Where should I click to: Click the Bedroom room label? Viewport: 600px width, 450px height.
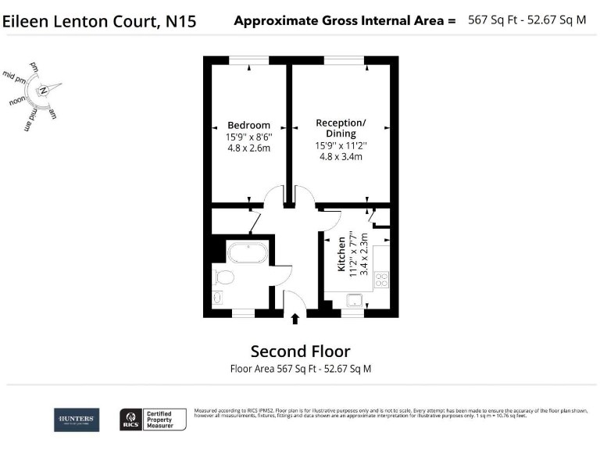[248, 125]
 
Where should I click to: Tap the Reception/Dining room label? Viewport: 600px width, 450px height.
[341, 128]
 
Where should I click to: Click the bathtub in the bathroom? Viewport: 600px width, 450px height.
[248, 253]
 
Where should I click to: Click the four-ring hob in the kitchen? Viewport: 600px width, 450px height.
[382, 277]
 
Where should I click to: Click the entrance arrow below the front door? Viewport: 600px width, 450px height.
[295, 318]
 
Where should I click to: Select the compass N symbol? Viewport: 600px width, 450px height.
[45, 91]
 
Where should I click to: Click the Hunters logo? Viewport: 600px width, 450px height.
[76, 420]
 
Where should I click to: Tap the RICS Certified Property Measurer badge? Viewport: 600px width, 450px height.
[152, 420]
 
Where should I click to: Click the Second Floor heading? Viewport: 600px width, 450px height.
[300, 352]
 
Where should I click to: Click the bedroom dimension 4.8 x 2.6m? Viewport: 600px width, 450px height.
[248, 148]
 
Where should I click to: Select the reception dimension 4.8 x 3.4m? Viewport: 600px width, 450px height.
[341, 156]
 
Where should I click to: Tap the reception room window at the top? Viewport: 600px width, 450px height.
[343, 59]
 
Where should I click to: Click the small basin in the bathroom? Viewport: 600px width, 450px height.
[218, 297]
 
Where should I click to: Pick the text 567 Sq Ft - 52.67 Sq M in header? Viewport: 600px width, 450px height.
[527, 20]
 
